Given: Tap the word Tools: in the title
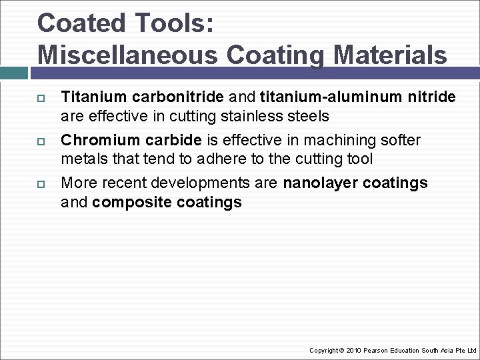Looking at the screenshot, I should tap(177, 23).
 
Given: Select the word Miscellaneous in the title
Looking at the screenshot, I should tap(127, 55).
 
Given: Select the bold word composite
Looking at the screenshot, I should tap(133, 202).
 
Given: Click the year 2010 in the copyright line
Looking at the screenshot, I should tap(353, 350).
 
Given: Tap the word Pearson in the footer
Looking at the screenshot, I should tap(375, 350).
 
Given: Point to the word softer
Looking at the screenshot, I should tap(399, 141).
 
